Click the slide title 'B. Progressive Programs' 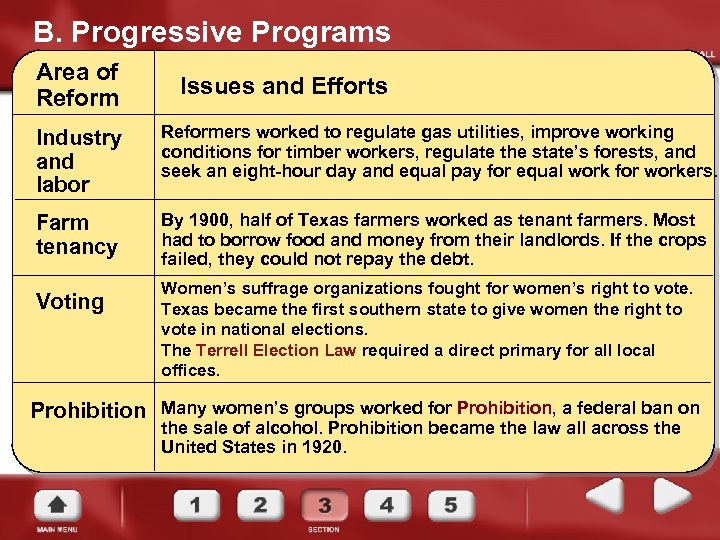pos(212,33)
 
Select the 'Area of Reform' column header pos(77,85)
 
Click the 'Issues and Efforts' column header pos(283,86)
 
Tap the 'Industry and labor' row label pos(78,161)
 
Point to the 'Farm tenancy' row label pos(76,234)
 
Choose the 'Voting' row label pos(70,302)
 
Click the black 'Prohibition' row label pos(88,410)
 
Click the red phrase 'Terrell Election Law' pos(274,350)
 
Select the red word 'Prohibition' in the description pos(504,408)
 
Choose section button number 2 pos(259,504)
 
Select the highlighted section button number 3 pos(324,505)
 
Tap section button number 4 pos(387,504)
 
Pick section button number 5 pos(451,504)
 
